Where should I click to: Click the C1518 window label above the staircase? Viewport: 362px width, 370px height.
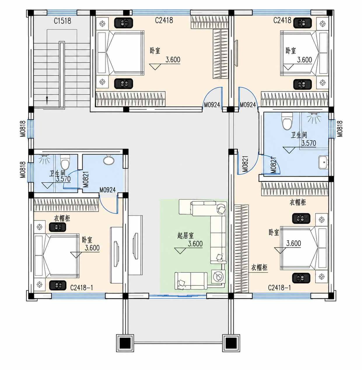(x=62, y=21)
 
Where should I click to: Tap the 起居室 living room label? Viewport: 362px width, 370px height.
(x=186, y=235)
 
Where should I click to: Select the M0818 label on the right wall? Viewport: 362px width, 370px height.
(x=340, y=128)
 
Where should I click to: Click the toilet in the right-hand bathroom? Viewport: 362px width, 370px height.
(x=287, y=121)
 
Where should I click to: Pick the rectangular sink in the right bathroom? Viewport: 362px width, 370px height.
(x=323, y=163)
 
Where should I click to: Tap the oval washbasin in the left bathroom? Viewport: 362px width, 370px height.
(x=109, y=160)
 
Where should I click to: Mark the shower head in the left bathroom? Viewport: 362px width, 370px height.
(x=44, y=159)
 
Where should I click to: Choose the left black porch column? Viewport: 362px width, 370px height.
(x=125, y=343)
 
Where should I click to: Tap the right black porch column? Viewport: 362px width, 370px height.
(x=231, y=343)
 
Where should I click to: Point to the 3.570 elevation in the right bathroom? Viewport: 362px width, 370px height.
(x=309, y=143)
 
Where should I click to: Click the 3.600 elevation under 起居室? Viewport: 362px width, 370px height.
(x=195, y=244)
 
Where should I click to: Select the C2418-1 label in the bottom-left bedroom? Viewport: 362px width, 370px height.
(x=82, y=288)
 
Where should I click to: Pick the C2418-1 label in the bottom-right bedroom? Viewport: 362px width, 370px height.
(x=279, y=288)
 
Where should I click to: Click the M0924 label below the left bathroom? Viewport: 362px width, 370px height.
(x=107, y=190)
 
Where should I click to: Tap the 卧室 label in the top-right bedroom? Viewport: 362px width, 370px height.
(x=291, y=51)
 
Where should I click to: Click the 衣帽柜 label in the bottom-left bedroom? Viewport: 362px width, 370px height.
(x=62, y=219)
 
